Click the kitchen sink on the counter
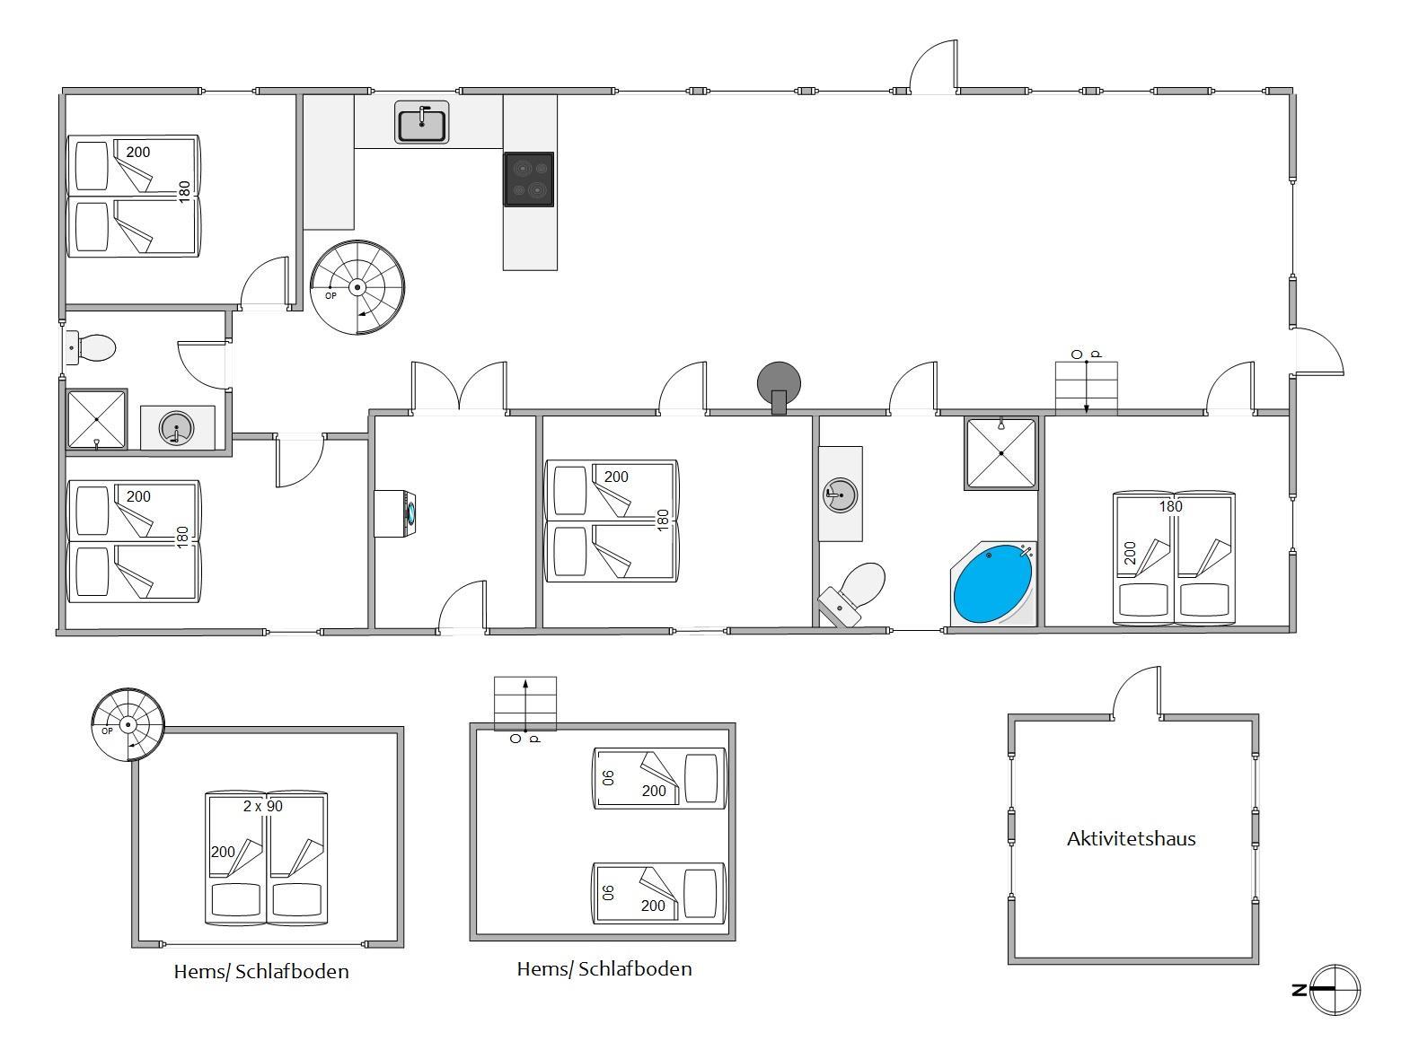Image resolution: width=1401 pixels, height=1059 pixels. (421, 122)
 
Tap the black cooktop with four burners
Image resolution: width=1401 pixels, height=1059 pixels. (528, 179)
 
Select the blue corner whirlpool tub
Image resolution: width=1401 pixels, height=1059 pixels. (993, 583)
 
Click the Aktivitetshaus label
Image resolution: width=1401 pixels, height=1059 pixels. (1131, 838)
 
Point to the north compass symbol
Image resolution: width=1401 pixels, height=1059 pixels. (1333, 990)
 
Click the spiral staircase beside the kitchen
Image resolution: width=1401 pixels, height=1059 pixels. (357, 287)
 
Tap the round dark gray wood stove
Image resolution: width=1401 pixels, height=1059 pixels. (779, 387)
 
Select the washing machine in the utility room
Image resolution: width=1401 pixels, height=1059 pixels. (395, 513)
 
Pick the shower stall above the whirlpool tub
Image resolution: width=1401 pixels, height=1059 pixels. (1000, 453)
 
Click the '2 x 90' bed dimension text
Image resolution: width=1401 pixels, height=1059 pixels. (263, 806)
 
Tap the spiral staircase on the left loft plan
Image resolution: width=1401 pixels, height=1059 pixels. (128, 724)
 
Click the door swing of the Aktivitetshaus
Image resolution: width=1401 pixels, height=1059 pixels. (1136, 693)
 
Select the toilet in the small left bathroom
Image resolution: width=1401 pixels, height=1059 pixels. (90, 348)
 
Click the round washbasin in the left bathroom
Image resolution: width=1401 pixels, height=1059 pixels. (176, 427)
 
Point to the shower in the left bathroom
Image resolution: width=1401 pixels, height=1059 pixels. (96, 419)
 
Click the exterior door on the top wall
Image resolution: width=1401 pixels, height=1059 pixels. (933, 67)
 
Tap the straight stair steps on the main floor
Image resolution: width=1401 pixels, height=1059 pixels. (1086, 388)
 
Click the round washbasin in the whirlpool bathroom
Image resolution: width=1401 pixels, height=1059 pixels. (841, 494)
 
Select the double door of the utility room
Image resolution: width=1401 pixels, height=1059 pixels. (460, 388)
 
